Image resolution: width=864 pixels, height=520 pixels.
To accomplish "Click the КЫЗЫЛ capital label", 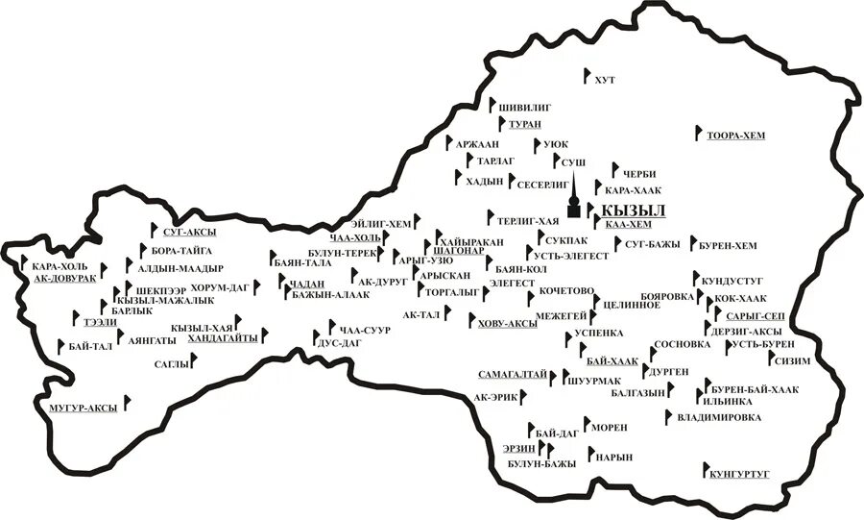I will click(x=633, y=210).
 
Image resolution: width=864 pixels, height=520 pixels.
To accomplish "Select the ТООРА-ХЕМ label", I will click(x=736, y=136).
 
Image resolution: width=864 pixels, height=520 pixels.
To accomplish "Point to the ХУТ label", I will click(x=605, y=78).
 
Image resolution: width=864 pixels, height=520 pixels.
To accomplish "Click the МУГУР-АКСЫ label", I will click(x=83, y=409).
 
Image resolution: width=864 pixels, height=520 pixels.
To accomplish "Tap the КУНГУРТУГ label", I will click(x=742, y=474).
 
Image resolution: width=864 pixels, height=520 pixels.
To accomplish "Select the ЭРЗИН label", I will click(x=518, y=448).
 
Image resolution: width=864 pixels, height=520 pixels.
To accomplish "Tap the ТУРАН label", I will click(x=525, y=125).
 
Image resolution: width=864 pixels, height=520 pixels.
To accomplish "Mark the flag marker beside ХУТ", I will click(x=588, y=74).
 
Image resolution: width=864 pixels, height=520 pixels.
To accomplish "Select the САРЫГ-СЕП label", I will click(x=756, y=316).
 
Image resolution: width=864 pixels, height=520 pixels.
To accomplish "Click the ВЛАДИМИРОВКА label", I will click(x=719, y=417).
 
